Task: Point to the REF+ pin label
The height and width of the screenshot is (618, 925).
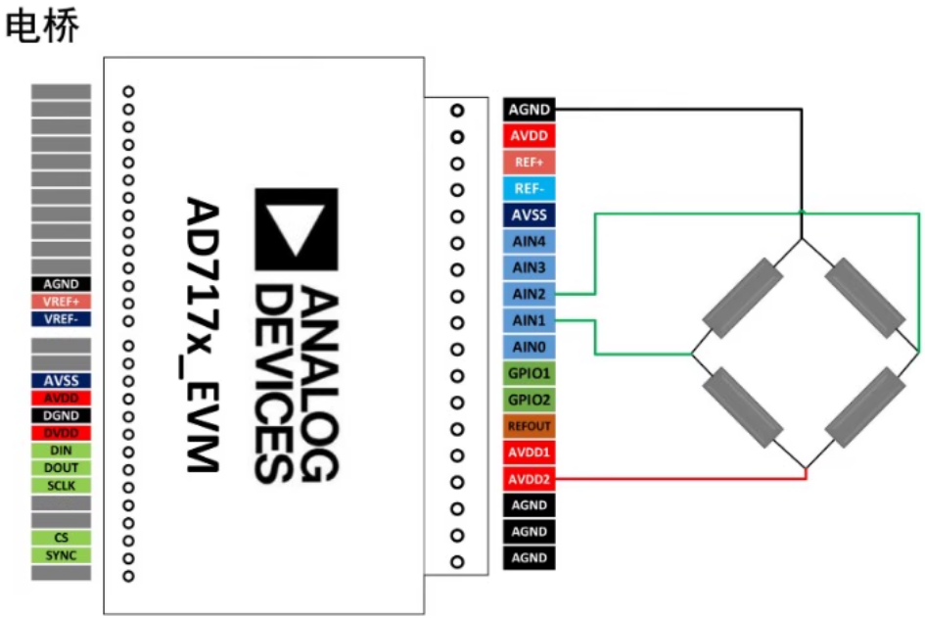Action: [530, 162]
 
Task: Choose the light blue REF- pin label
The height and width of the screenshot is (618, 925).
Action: [530, 188]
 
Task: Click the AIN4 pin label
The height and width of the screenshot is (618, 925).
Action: [530, 241]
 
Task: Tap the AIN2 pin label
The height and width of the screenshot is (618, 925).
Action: [530, 294]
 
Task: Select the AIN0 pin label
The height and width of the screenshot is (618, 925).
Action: [530, 347]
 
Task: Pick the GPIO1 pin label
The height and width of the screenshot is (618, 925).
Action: [530, 373]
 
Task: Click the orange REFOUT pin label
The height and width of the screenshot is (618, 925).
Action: [530, 426]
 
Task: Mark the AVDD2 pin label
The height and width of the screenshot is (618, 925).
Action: [530, 479]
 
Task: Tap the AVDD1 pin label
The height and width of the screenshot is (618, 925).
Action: [530, 452]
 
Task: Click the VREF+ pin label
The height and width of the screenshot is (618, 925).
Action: [61, 302]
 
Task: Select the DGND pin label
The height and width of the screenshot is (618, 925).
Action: [61, 415]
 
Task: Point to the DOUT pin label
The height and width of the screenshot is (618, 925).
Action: [61, 468]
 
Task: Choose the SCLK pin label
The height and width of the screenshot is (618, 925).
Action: [61, 486]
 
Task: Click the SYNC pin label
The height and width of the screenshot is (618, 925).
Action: [61, 555]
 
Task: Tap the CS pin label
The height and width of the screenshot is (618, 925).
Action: [61, 538]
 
